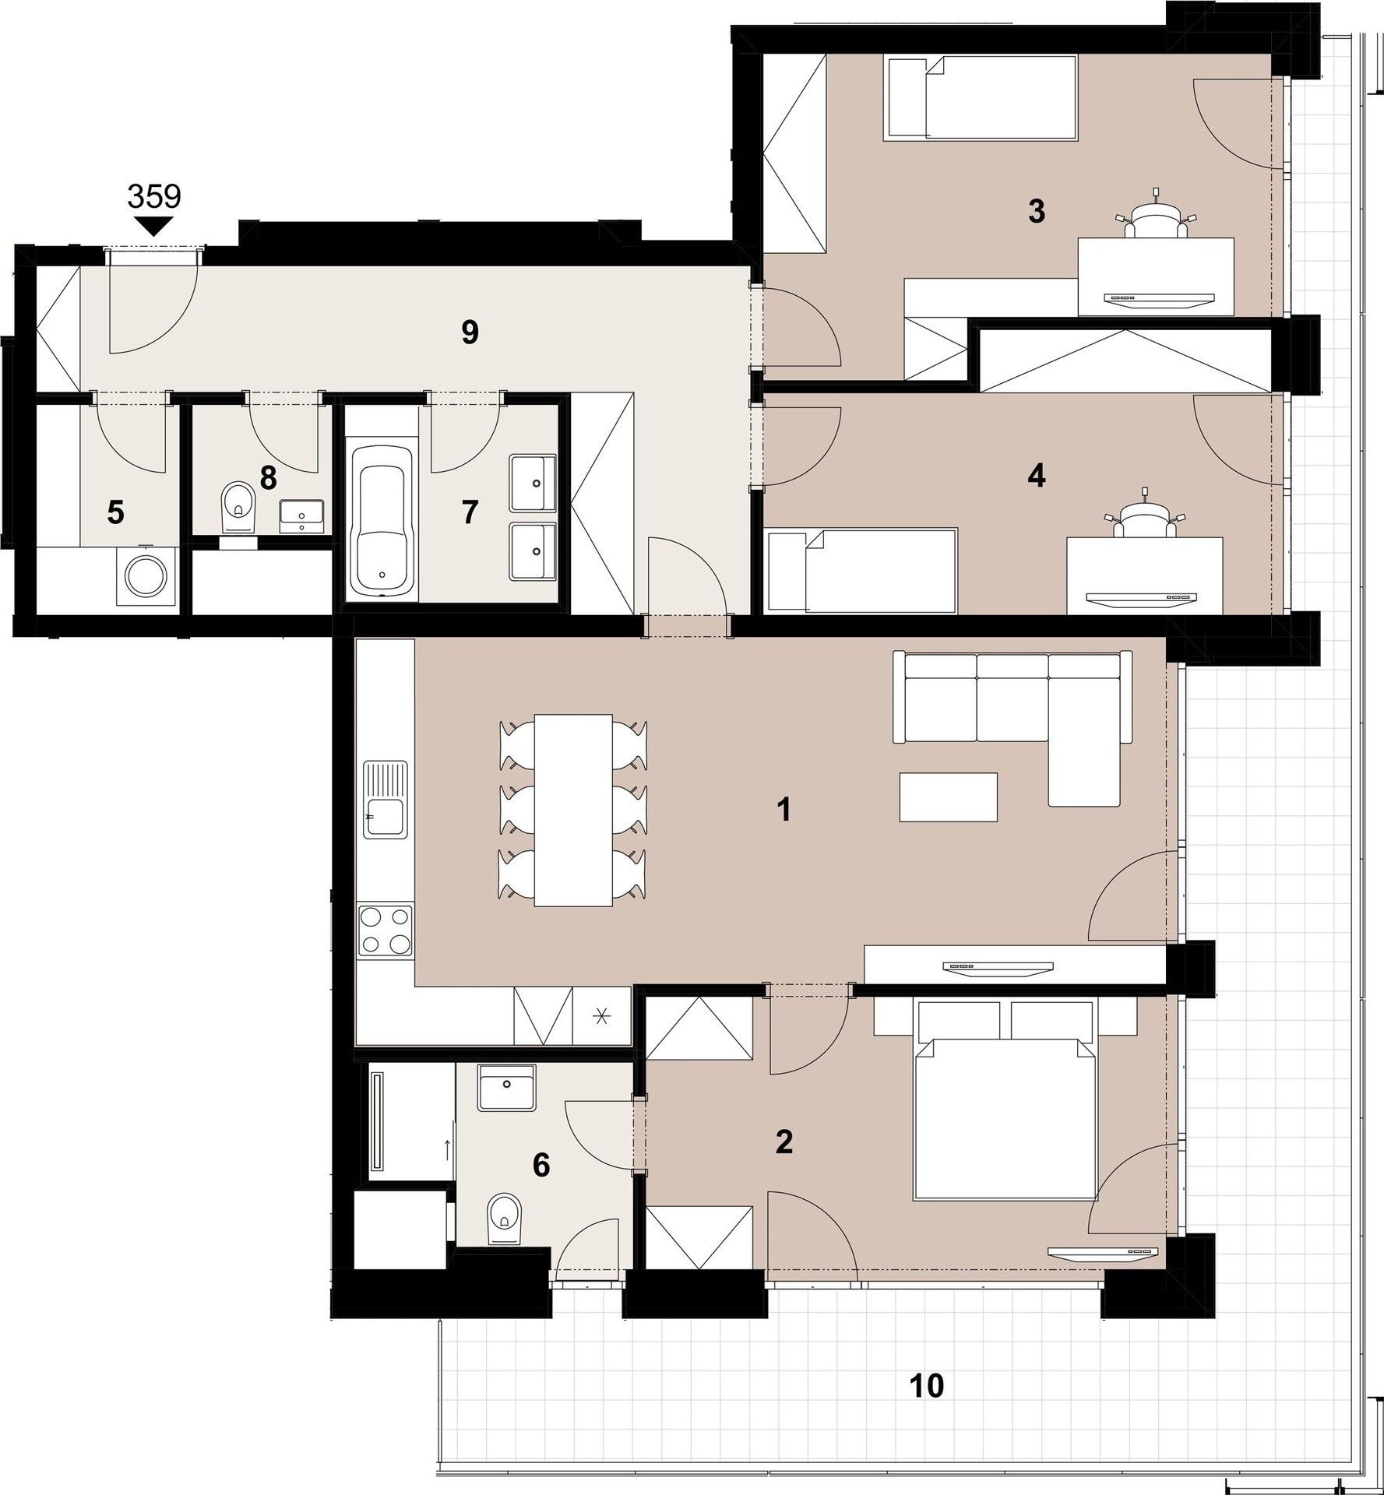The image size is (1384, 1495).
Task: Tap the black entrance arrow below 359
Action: click(154, 227)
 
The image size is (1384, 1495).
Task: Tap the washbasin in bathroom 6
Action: click(507, 1088)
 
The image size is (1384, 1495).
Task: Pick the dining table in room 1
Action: click(572, 810)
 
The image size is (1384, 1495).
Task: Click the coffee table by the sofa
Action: click(948, 796)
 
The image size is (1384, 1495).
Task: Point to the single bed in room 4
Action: click(861, 569)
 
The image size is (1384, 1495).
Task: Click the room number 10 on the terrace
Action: click(927, 1386)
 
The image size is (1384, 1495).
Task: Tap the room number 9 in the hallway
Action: click(469, 332)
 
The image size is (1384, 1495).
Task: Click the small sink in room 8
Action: click(301, 515)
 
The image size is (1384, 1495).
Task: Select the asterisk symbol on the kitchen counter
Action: click(601, 1015)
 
